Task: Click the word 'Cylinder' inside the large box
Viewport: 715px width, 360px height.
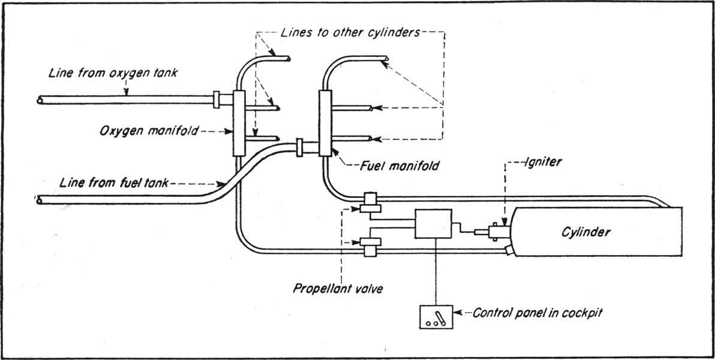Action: [585, 232]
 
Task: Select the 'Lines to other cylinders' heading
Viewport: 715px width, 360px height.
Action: [350, 32]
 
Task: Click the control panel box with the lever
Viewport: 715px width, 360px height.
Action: [435, 316]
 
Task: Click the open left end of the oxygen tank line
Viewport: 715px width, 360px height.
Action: [40, 100]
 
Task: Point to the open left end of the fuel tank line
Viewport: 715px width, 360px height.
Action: [40, 199]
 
